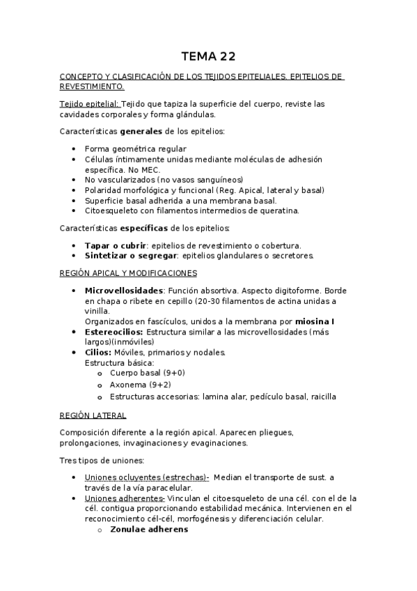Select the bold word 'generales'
coord(142,131)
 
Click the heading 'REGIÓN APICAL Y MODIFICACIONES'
coord(129,273)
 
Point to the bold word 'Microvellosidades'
coord(124,290)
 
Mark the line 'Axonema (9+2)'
coord(141,385)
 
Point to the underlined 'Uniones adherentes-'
coord(124,498)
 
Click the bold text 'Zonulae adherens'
coord(148,529)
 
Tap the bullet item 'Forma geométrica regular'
coord(135,149)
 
